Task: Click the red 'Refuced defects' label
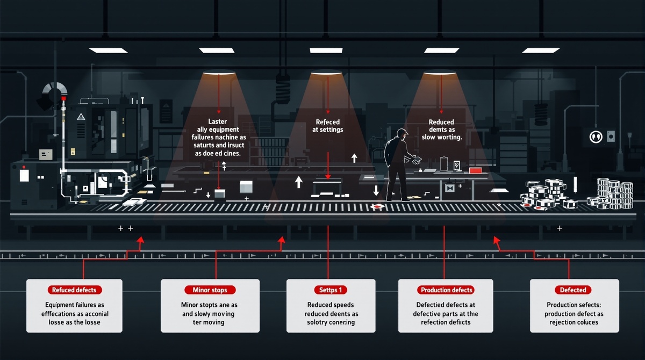click(74, 290)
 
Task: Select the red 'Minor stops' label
click(210, 290)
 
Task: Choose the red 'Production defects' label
click(446, 290)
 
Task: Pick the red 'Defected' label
click(573, 290)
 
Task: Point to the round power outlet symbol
click(596, 136)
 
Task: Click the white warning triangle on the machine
click(81, 116)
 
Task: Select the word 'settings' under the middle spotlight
click(336, 129)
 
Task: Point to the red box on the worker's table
click(475, 170)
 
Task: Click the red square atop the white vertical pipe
click(63, 99)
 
